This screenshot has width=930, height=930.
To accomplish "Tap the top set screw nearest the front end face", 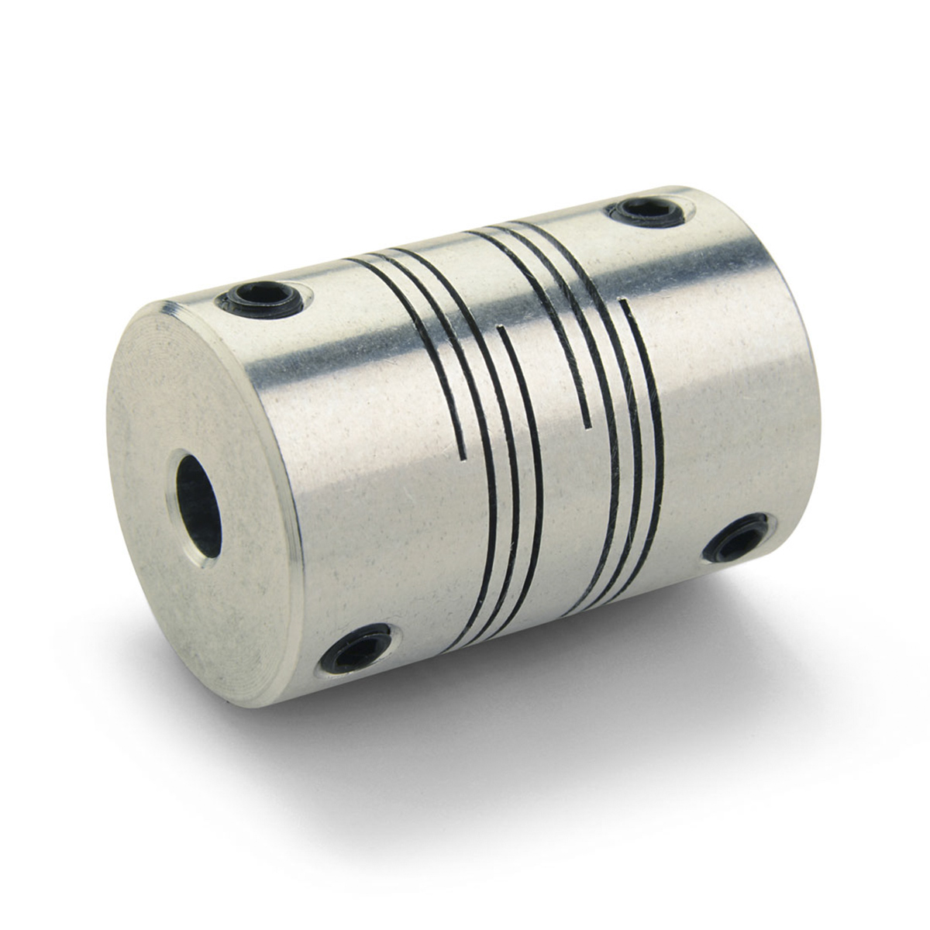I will (257, 299).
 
